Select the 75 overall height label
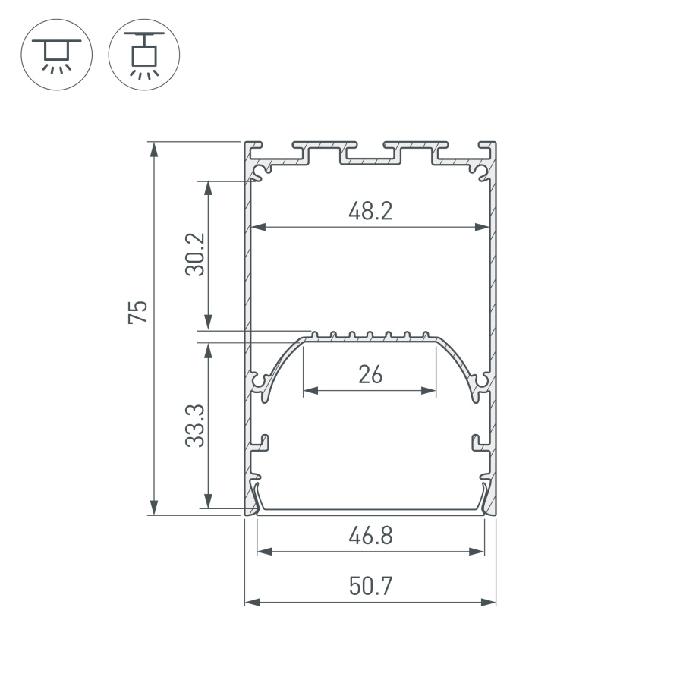pyautogui.click(x=137, y=313)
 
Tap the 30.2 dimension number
pyautogui.click(x=195, y=254)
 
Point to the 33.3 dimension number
pyautogui.click(x=195, y=425)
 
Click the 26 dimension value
pyautogui.click(x=370, y=375)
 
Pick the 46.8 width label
pyautogui.click(x=370, y=537)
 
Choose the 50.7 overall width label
pyautogui.click(x=370, y=587)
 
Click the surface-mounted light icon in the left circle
pyautogui.click(x=57, y=54)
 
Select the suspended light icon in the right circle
pyautogui.click(x=144, y=54)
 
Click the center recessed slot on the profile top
pyautogui.click(x=370, y=158)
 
